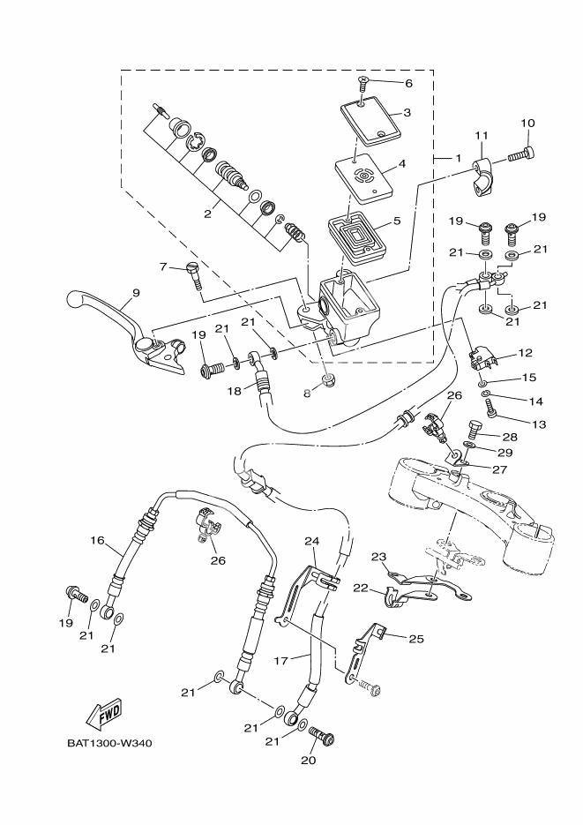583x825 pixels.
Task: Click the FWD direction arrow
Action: (x=104, y=712)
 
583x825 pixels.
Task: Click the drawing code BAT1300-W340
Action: (x=109, y=742)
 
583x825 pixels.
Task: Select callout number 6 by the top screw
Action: (x=408, y=83)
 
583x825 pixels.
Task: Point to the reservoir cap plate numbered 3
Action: (x=370, y=120)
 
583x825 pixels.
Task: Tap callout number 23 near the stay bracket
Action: (x=378, y=557)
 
